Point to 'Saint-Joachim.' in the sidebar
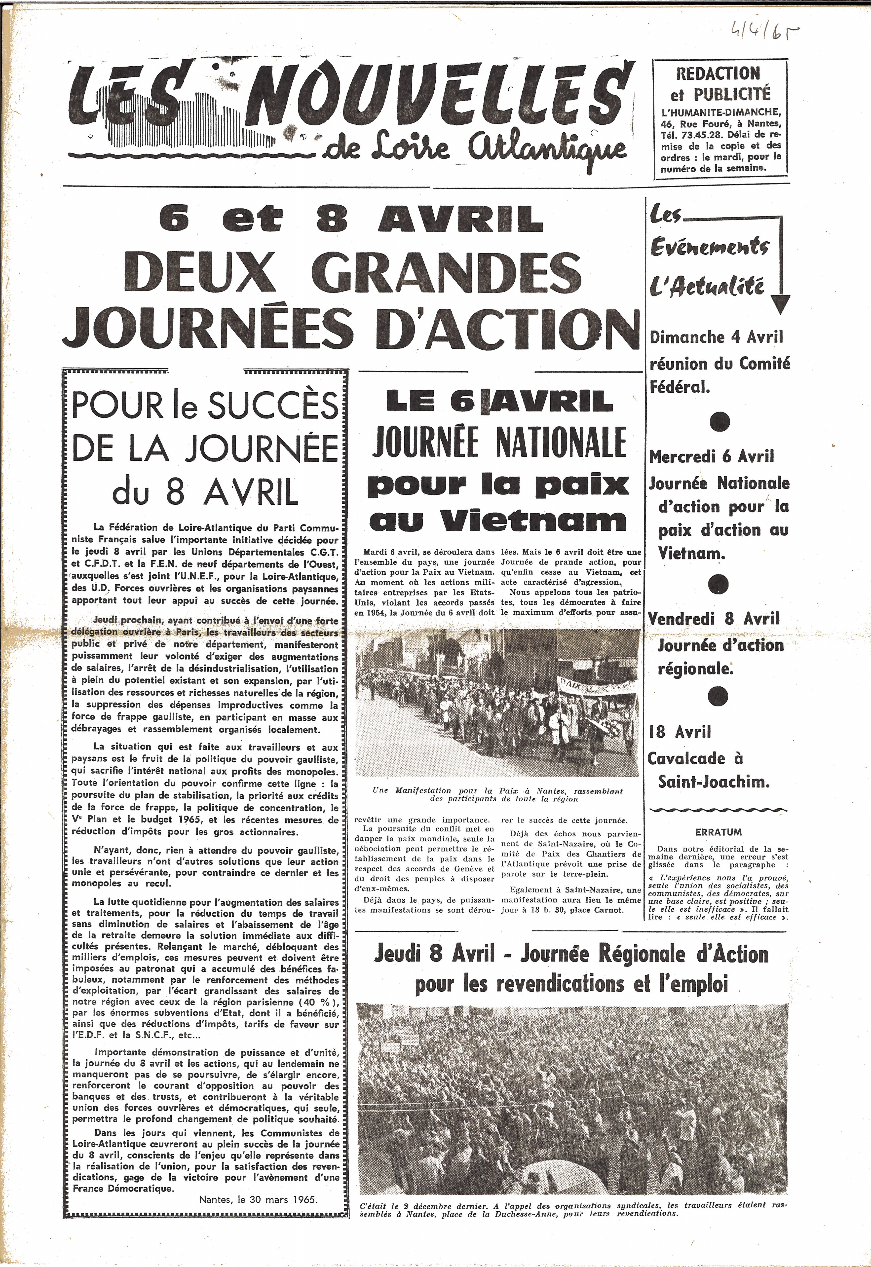coord(714,782)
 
